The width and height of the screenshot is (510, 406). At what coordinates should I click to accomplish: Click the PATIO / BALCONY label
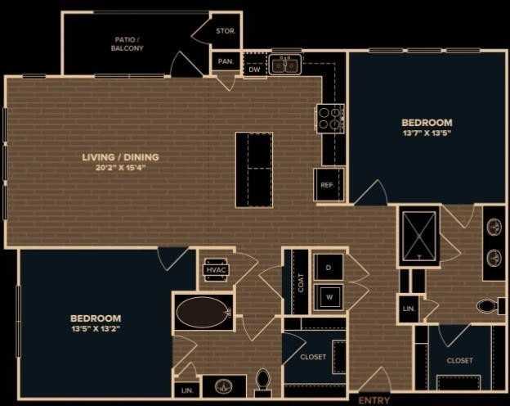pyautogui.click(x=127, y=43)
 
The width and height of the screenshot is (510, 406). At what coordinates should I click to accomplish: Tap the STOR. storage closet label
pyautogui.click(x=226, y=32)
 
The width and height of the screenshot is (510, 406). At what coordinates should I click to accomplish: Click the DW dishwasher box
pyautogui.click(x=254, y=70)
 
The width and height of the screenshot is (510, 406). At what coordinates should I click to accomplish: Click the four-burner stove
pyautogui.click(x=329, y=119)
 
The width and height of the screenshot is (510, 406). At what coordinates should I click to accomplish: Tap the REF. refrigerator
pyautogui.click(x=327, y=185)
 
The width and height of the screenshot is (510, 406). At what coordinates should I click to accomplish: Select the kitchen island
pyautogui.click(x=254, y=169)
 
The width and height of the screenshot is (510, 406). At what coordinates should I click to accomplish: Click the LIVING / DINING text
pyautogui.click(x=120, y=157)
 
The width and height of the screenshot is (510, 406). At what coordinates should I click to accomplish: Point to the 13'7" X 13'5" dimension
pyautogui.click(x=427, y=132)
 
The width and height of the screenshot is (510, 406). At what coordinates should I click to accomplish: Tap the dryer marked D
pyautogui.click(x=329, y=268)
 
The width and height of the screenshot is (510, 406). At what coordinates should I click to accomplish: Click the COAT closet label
pyautogui.click(x=301, y=282)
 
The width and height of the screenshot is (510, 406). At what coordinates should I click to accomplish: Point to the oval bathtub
pyautogui.click(x=204, y=312)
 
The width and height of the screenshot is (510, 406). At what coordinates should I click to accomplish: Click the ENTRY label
pyautogui.click(x=375, y=400)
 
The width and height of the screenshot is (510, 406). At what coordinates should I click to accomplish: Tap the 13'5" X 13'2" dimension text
pyautogui.click(x=96, y=329)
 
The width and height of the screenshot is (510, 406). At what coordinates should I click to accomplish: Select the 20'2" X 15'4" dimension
pyautogui.click(x=120, y=168)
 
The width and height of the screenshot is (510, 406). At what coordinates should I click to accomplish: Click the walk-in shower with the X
pyautogui.click(x=418, y=236)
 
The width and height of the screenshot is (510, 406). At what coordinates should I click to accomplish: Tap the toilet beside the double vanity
pyautogui.click(x=489, y=306)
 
